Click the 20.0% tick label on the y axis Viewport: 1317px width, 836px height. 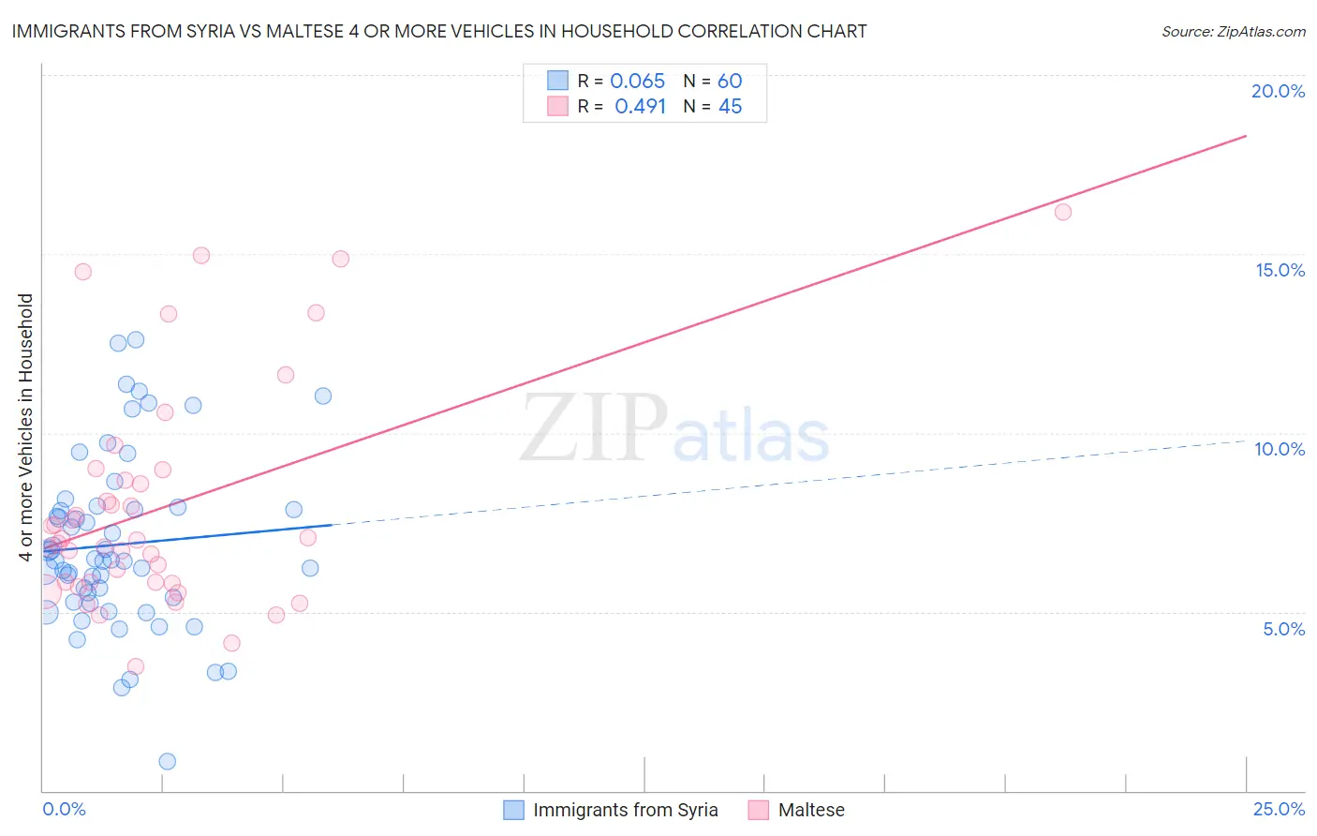click(1278, 91)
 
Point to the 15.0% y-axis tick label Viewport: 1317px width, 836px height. click(1280, 270)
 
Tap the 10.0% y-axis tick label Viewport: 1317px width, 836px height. click(1280, 449)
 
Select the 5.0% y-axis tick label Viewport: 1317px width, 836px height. click(1283, 629)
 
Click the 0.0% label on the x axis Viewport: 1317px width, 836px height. click(64, 809)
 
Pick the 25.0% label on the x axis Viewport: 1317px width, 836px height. click(1279, 809)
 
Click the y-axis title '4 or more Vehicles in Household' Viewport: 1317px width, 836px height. click(25, 427)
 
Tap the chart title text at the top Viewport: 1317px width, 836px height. click(438, 31)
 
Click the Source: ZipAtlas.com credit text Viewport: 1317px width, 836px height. click(1233, 31)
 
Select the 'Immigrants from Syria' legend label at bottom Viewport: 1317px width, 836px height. click(625, 810)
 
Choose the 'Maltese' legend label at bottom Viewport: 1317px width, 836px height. click(811, 810)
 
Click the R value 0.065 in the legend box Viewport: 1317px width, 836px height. click(637, 82)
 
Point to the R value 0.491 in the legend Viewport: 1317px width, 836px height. click(640, 107)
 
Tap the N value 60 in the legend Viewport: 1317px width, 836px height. click(730, 82)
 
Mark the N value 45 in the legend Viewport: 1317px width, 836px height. click(730, 107)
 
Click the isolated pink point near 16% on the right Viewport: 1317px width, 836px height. click(1062, 212)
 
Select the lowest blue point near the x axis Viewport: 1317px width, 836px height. click(167, 761)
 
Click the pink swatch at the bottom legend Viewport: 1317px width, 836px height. click(758, 810)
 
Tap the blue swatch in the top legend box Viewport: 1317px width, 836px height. click(557, 81)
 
